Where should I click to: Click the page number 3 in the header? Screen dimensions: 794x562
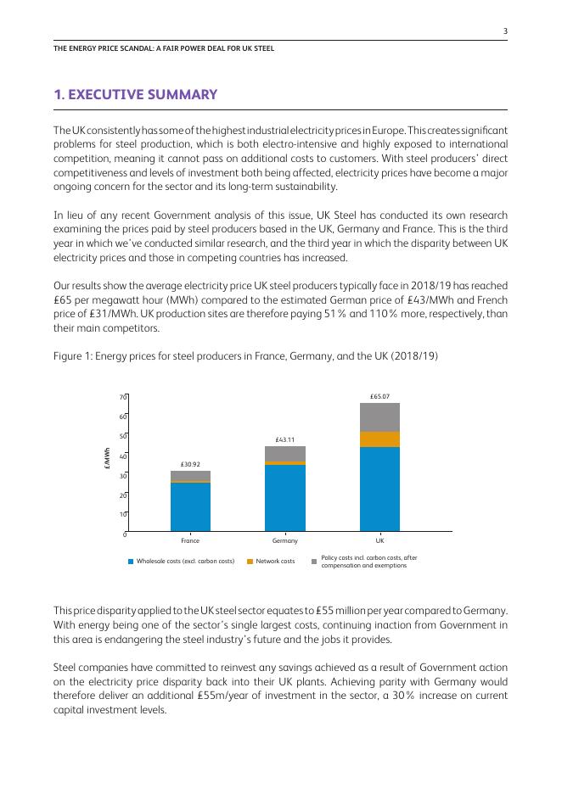505,31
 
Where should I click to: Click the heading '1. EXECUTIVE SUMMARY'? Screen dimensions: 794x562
136,95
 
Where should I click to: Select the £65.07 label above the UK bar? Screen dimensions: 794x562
379,396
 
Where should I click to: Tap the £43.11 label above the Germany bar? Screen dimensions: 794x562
285,440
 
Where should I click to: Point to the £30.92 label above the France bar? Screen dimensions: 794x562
190,465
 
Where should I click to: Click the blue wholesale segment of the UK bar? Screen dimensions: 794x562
379,489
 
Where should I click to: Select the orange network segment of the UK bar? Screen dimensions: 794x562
379,439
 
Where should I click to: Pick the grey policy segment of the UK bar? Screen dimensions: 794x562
379,417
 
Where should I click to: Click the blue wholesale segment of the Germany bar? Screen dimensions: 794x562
285,498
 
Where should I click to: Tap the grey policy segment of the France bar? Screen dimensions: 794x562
190,476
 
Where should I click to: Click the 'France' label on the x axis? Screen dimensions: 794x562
190,540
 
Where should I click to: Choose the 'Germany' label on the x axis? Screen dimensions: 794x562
285,540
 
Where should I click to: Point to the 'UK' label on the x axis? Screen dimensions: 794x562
379,540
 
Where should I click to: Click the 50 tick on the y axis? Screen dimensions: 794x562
123,436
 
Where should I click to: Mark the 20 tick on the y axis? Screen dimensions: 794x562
123,495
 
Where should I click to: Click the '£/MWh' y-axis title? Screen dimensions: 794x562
107,465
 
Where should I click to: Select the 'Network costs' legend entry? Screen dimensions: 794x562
275,562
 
